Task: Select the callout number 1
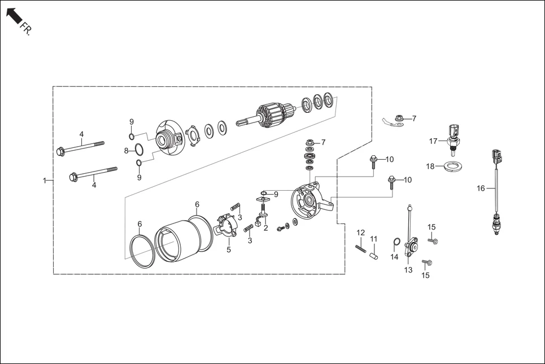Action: [44, 181]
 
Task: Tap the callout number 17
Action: [433, 141]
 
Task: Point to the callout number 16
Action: [481, 188]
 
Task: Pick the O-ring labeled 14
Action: [396, 243]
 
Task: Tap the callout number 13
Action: [408, 270]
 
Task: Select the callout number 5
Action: [229, 249]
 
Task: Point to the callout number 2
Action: [265, 229]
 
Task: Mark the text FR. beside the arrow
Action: [26, 29]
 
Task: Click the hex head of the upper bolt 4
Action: [60, 151]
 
